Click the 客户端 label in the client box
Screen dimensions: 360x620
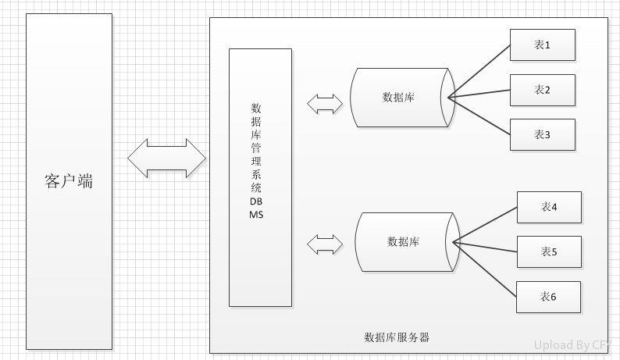(69, 181)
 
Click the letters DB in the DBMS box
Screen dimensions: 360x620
(256, 201)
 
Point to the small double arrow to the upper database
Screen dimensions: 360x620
(325, 102)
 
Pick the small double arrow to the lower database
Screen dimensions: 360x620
(325, 245)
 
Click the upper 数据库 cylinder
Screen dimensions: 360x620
(398, 98)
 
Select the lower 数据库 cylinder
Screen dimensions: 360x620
(403, 242)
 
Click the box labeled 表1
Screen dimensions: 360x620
(542, 45)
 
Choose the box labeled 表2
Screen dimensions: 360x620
(542, 90)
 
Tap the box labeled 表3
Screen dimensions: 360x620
(542, 134)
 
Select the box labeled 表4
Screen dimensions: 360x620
(548, 207)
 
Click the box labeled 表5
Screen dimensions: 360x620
(548, 251)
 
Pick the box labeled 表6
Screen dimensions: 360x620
(548, 297)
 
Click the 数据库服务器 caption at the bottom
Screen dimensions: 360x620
(397, 338)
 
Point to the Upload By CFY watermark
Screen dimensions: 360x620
(573, 344)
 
